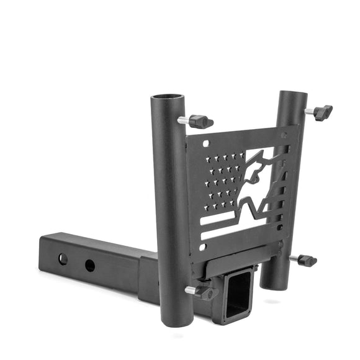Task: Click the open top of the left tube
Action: (x=167, y=99)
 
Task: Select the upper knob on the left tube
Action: (x=200, y=122)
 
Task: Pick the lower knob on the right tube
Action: (x=307, y=260)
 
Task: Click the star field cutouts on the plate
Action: (x=225, y=181)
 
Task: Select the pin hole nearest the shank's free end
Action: (x=63, y=258)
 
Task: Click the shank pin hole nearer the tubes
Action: (x=90, y=265)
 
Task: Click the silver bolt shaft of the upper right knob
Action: (x=309, y=111)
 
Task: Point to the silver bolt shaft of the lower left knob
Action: (x=191, y=289)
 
